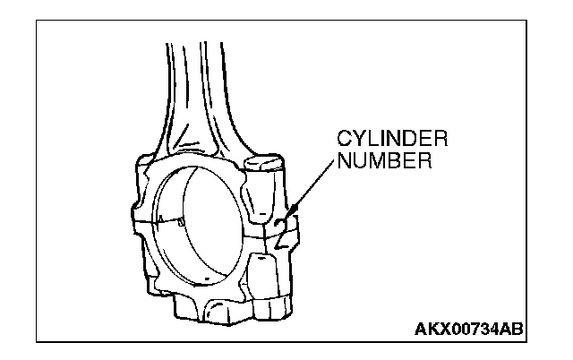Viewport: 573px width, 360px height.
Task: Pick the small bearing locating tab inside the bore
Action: (182, 219)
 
